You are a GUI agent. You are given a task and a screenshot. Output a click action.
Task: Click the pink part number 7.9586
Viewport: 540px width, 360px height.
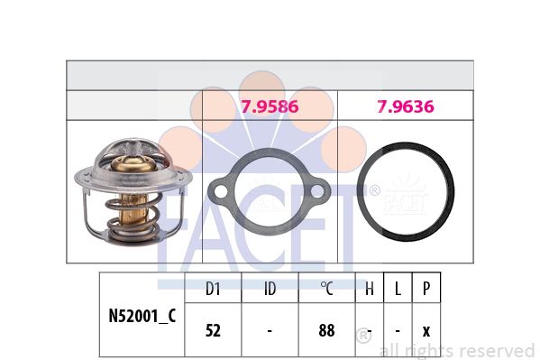tap(270, 106)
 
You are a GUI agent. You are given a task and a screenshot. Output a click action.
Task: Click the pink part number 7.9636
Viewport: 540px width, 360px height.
tap(406, 106)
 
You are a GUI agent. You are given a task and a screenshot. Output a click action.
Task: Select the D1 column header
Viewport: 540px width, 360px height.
tap(213, 289)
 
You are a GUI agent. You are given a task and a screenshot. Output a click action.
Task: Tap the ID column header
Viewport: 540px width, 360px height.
tap(270, 289)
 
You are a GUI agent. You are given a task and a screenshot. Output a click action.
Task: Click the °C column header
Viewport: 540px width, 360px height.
tap(327, 289)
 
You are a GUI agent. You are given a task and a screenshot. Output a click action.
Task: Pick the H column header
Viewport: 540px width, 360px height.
tap(370, 289)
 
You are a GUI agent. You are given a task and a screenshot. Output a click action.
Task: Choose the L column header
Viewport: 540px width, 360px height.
tap(398, 289)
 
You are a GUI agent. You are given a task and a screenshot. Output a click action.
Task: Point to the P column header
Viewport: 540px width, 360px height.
tap(426, 289)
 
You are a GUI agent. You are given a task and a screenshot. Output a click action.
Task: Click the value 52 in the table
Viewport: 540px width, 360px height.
tap(213, 330)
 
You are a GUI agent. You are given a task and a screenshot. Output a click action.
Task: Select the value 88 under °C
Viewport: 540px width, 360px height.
tap(327, 330)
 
